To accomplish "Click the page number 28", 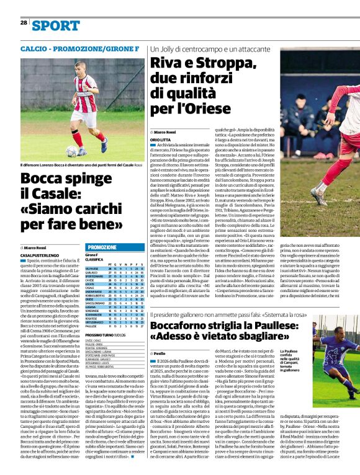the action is pos(23,22).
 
